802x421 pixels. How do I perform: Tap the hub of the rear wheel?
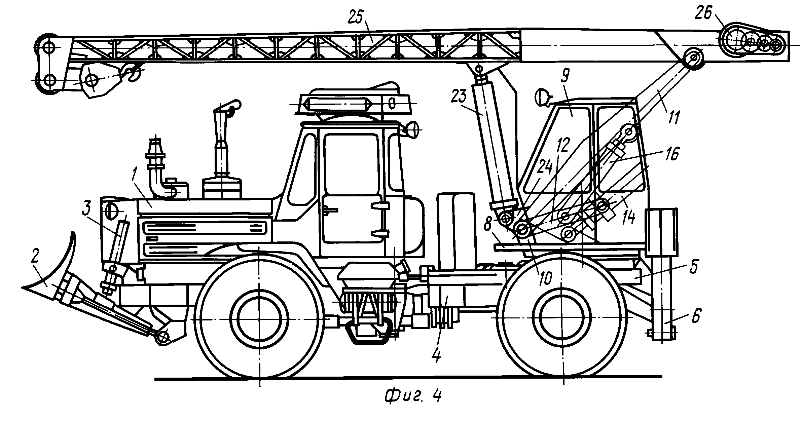tap(561, 318)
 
